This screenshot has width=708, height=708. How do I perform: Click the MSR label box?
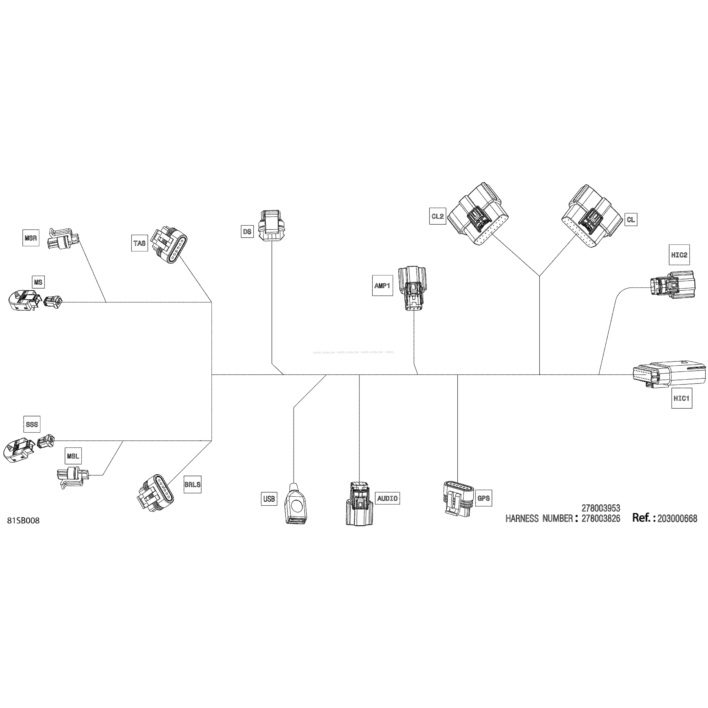click(31, 238)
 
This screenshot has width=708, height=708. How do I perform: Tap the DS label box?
click(247, 232)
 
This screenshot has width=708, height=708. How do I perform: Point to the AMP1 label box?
click(382, 286)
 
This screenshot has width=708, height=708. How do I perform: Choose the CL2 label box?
click(438, 216)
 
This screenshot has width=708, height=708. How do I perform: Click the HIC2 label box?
click(679, 255)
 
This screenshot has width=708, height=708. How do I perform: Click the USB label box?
click(269, 499)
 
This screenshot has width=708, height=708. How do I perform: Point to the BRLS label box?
click(192, 484)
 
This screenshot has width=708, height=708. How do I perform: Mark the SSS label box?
click(32, 424)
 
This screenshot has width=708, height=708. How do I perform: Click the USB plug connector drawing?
click(296, 504)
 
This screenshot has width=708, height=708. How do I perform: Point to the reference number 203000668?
click(677, 519)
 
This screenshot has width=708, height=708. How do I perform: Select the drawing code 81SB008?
click(23, 521)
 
